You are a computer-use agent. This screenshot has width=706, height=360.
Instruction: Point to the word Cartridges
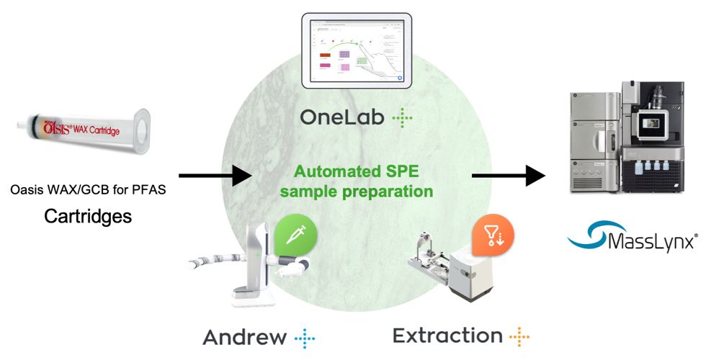pos(89,215)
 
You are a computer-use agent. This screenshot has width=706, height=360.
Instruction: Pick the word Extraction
pos(447,335)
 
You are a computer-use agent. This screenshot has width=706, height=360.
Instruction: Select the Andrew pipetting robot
pos(245,264)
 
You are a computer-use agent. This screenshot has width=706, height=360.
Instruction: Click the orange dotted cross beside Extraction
pos(519,335)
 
